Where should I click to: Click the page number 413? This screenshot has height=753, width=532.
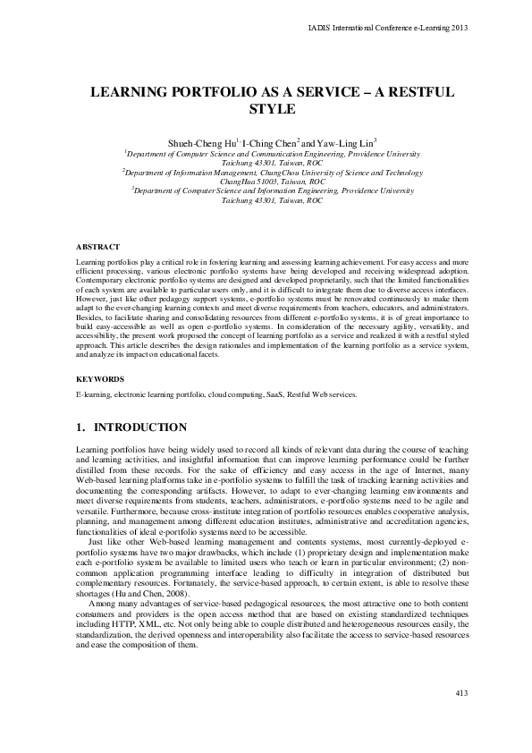[461, 694]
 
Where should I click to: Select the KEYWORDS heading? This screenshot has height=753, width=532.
[99, 379]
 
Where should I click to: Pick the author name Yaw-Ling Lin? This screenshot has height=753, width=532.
[346, 141]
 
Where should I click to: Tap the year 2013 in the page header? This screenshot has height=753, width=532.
[459, 28]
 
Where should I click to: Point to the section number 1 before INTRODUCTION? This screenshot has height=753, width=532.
[80, 427]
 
